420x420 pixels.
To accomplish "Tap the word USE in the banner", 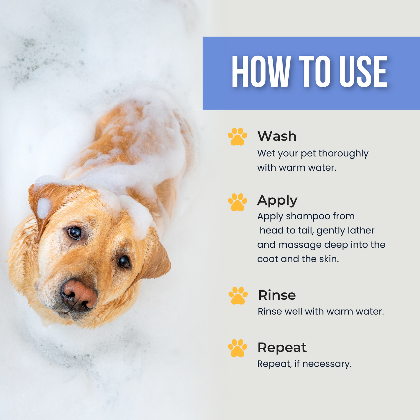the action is (x=363, y=72).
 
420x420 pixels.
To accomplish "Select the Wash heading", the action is (x=277, y=136).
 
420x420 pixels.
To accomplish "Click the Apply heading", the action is (x=277, y=201).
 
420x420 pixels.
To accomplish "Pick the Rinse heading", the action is (x=277, y=295).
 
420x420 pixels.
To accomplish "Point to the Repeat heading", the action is (x=282, y=347).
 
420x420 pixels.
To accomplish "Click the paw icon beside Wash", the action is (x=237, y=136).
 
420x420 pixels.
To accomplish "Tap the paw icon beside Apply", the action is (x=237, y=202).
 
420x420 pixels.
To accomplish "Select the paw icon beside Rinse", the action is (x=238, y=296).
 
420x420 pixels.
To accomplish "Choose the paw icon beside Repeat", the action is (x=237, y=348).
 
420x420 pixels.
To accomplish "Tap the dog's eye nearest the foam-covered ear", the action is (x=74, y=233).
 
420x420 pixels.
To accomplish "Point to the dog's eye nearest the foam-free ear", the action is (x=124, y=262).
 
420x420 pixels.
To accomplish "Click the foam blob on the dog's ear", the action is (x=44, y=208).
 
